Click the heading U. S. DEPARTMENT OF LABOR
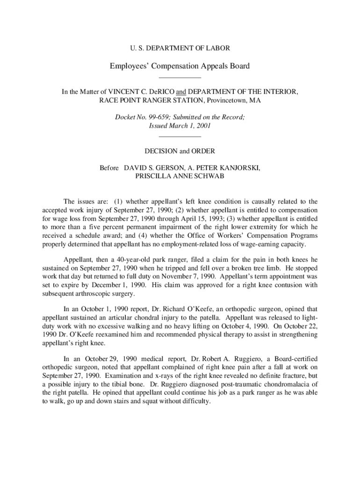pos(180,48)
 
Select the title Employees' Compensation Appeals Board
pos(180,66)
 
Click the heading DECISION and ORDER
pos(180,151)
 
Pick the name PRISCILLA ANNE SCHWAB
pos(180,176)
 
